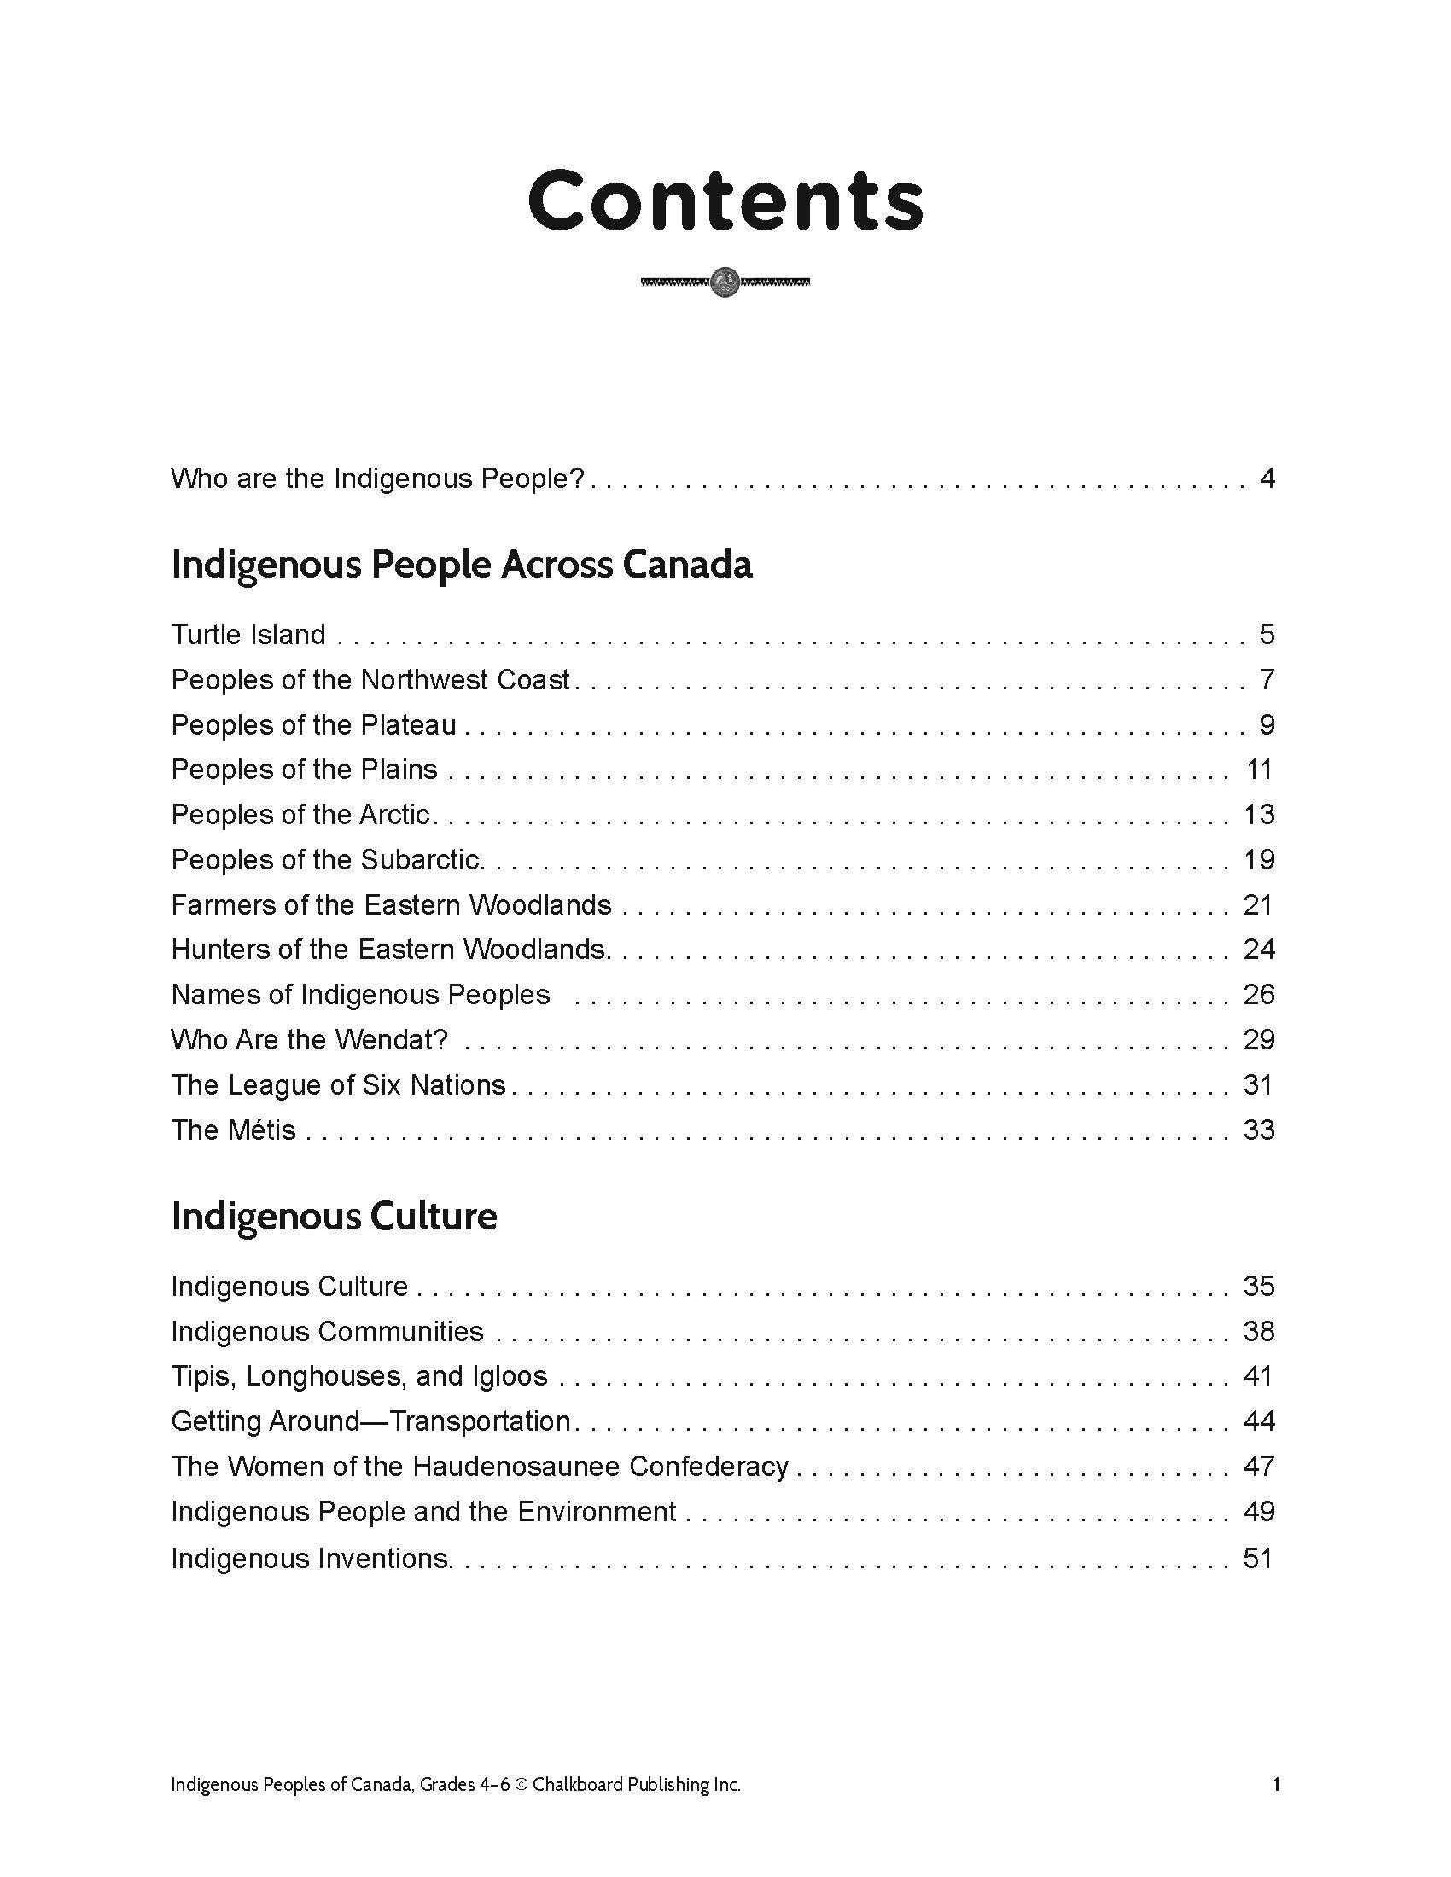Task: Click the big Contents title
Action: tap(725, 200)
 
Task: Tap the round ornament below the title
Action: tap(725, 281)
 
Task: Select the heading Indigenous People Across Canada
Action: tap(462, 565)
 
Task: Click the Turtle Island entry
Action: tap(248, 634)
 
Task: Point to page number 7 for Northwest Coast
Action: tap(1266, 680)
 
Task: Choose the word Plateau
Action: tap(408, 724)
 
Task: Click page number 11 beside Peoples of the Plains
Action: tap(1259, 770)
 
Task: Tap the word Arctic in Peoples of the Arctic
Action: tap(393, 814)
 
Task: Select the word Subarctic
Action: tap(420, 859)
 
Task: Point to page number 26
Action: tap(1259, 994)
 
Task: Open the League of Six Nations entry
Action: tap(338, 1084)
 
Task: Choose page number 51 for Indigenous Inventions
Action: tap(1258, 1558)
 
